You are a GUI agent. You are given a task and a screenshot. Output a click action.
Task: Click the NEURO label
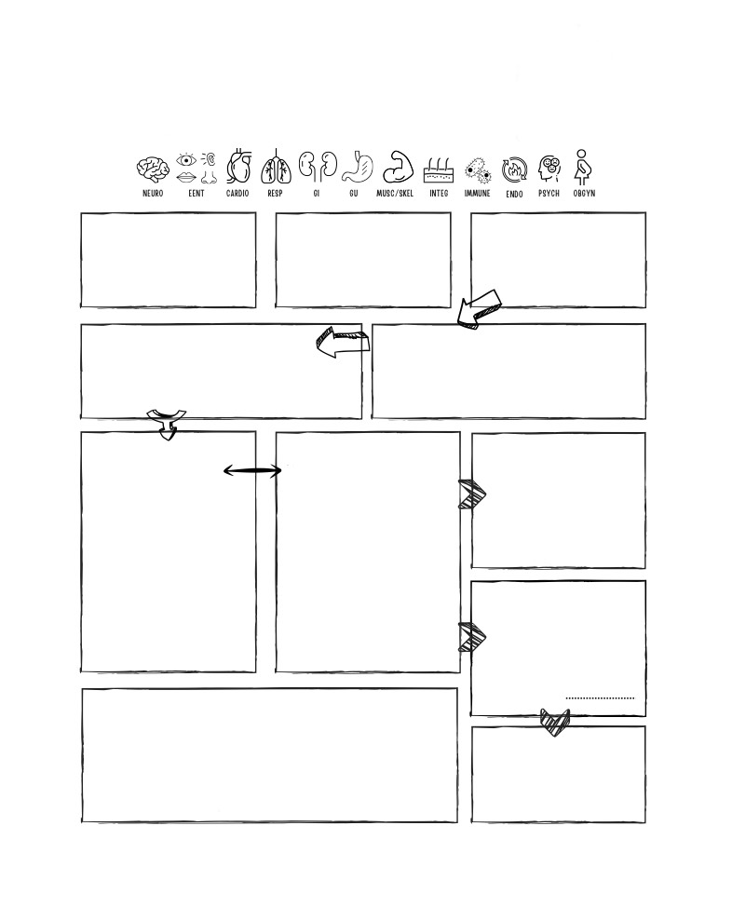coord(153,193)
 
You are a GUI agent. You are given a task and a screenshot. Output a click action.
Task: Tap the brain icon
coord(153,169)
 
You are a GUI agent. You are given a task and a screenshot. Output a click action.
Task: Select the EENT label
coord(197,193)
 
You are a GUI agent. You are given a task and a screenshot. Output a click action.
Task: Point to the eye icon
coord(186,159)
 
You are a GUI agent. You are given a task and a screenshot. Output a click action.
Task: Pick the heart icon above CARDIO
coord(238,167)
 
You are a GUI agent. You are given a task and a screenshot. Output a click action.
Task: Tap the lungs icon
coord(276,168)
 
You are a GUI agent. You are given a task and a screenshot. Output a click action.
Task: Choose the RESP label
coord(275,193)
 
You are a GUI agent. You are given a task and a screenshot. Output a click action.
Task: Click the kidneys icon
coord(318,166)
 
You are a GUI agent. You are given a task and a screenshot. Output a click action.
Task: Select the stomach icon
coord(357,167)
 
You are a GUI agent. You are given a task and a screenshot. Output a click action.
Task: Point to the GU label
coord(354,193)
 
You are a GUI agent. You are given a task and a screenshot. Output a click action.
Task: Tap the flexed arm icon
coord(398,168)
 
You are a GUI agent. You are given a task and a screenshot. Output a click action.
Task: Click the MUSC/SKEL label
coord(395,193)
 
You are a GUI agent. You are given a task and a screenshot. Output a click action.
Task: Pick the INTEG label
coord(439,193)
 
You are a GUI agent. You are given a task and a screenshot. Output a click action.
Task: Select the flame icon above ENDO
coord(514,170)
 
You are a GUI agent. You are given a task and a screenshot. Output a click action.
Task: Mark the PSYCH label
coord(549,193)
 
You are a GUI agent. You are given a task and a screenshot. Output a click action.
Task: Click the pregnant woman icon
coord(583,168)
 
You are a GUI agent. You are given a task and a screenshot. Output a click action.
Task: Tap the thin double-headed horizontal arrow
coord(252,471)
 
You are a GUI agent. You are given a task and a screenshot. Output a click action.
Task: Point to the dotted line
coord(600,698)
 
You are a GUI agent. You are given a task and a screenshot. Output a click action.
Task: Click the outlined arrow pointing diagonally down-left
coord(478,310)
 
